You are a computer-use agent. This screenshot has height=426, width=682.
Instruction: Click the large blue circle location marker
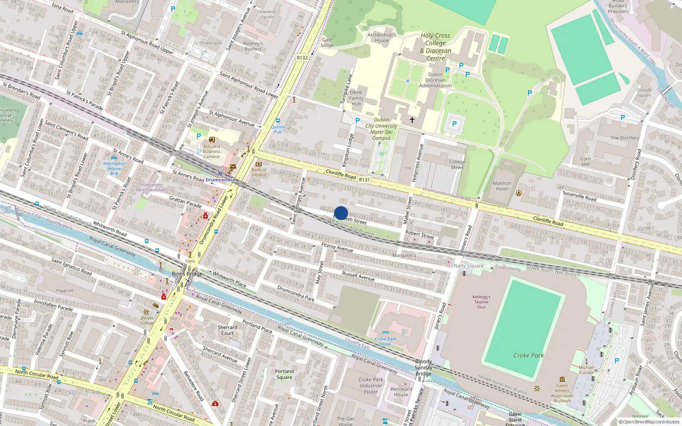coord(341,213)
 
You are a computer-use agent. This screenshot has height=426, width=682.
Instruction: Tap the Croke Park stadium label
coord(529,355)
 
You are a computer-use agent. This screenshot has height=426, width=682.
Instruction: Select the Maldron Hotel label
coord(502,186)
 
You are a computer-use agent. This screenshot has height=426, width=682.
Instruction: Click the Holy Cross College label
coord(436,47)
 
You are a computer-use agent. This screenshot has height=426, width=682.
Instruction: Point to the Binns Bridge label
coord(187,273)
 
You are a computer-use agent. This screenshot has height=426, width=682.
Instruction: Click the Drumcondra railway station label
coord(220,180)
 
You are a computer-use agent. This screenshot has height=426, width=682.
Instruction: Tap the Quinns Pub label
coord(278,129)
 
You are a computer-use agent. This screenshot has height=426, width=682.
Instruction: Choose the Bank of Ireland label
coord(259,172)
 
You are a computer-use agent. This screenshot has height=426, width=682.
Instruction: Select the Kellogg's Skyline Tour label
coord(481,302)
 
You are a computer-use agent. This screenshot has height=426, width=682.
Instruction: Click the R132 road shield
coord(302,58)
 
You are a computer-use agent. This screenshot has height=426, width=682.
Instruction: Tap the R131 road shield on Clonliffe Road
coord(364,180)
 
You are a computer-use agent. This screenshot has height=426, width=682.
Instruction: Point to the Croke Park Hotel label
coord(385,341)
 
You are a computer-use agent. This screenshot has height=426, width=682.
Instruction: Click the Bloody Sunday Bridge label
coord(423,368)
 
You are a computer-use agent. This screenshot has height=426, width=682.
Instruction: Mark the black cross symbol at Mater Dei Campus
coord(412,120)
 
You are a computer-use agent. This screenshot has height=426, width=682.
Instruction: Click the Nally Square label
coord(468,266)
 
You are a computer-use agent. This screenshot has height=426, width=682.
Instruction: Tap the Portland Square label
coord(284,374)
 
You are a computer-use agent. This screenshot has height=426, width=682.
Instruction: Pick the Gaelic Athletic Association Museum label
coord(562,393)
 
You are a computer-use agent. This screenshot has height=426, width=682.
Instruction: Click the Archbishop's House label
coord(382,37)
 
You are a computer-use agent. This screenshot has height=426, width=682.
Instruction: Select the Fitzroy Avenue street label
coord(337,248)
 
